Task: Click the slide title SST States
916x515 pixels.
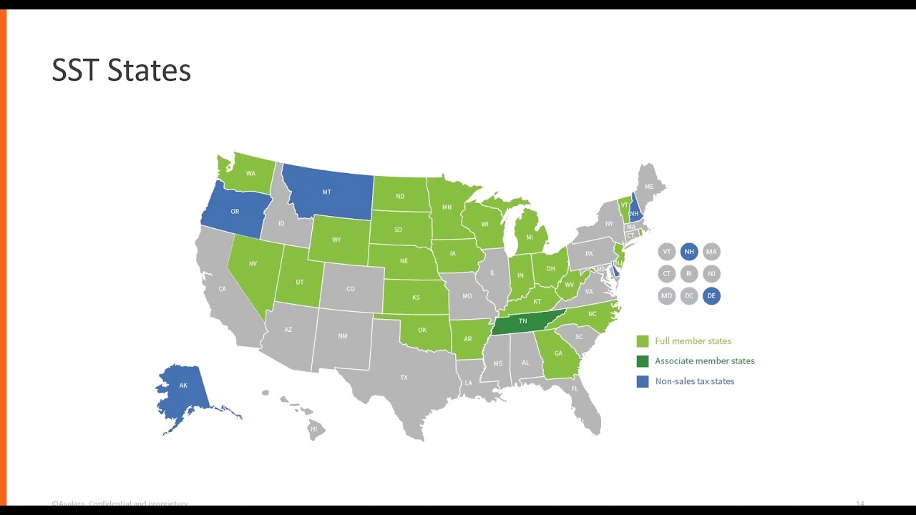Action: [121, 70]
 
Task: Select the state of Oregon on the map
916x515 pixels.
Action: [235, 211]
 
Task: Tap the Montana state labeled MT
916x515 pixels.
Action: [326, 192]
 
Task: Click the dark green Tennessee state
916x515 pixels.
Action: [522, 322]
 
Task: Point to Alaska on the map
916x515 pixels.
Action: [183, 386]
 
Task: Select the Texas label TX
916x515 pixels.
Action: [404, 377]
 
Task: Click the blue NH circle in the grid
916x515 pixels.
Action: [689, 252]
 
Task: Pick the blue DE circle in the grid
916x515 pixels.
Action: [711, 295]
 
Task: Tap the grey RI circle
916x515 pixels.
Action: [689, 273]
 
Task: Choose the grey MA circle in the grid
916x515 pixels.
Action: [711, 252]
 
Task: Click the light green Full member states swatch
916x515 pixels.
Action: [643, 341]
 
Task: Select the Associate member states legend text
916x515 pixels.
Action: [704, 361]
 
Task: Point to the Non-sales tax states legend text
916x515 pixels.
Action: [694, 381]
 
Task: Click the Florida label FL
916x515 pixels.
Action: [575, 388]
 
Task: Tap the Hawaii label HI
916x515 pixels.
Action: [313, 429]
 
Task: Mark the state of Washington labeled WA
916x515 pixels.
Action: [250, 174]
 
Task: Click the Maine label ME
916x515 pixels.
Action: [649, 187]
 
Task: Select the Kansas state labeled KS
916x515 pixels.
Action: [416, 298]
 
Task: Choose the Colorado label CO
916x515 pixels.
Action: [351, 289]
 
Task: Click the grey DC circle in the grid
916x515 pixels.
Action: [689, 295]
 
